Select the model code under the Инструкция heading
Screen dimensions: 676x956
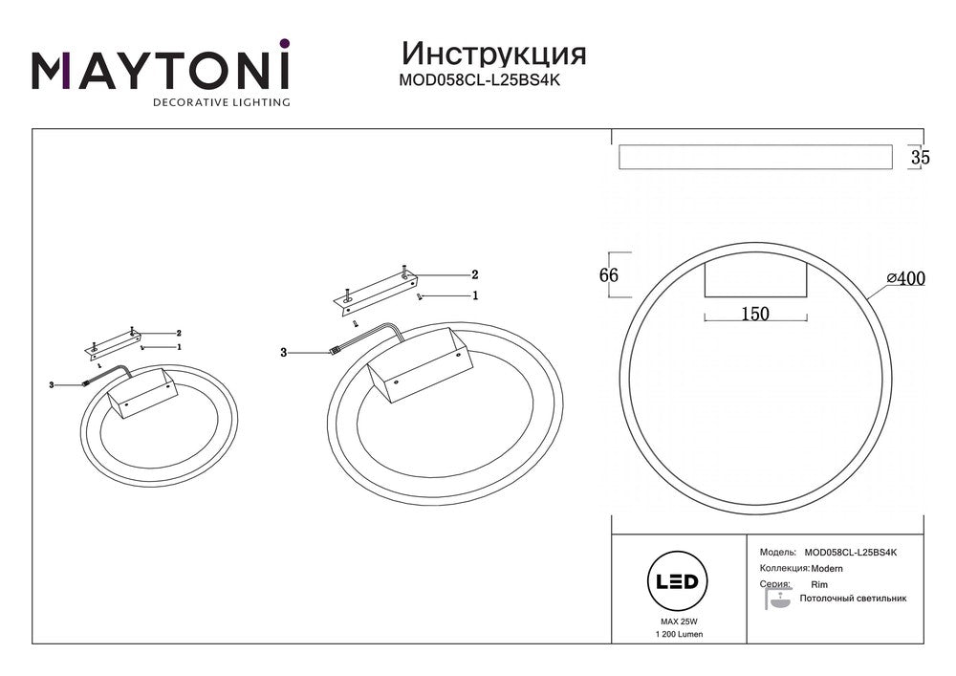[x=479, y=81]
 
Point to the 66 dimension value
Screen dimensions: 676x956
[x=609, y=275]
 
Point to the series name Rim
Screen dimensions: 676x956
[x=819, y=583]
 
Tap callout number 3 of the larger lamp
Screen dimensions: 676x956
[x=284, y=353]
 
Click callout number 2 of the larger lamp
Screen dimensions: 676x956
[x=474, y=274]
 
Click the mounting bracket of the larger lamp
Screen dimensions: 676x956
[x=378, y=289]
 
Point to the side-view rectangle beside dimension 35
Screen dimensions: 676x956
[x=755, y=157]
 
